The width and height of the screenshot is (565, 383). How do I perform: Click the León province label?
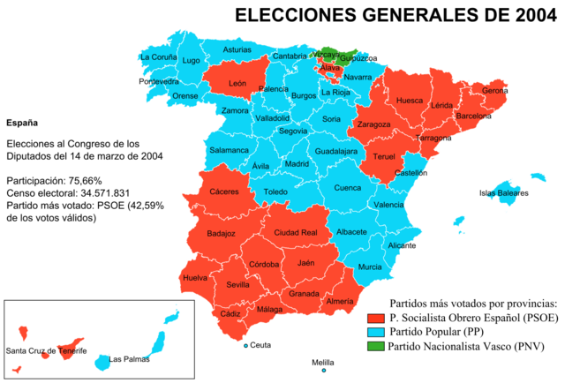click(x=237, y=84)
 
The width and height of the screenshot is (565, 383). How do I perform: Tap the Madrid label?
click(x=297, y=164)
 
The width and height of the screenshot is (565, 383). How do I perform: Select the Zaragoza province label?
click(x=374, y=124)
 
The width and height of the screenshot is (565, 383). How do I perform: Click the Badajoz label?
click(x=221, y=234)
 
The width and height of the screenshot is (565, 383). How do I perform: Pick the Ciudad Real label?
click(x=296, y=233)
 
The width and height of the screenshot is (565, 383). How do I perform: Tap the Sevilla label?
click(x=237, y=285)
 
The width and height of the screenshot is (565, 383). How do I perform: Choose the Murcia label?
click(x=370, y=267)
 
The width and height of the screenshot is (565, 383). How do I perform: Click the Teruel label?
click(x=384, y=157)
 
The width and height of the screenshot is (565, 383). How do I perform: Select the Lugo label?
click(x=191, y=61)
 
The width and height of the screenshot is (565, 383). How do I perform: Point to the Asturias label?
click(x=237, y=50)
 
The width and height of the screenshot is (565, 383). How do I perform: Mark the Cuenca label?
click(x=347, y=187)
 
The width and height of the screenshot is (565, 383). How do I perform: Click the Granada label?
click(x=304, y=294)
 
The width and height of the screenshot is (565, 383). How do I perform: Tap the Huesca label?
click(x=410, y=101)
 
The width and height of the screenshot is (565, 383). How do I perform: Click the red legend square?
click(x=376, y=319)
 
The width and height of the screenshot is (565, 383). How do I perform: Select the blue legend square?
click(x=376, y=332)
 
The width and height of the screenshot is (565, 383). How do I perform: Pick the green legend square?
click(x=376, y=345)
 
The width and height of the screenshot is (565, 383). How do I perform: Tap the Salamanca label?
click(x=229, y=150)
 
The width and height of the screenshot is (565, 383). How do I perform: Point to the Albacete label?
click(x=351, y=232)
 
